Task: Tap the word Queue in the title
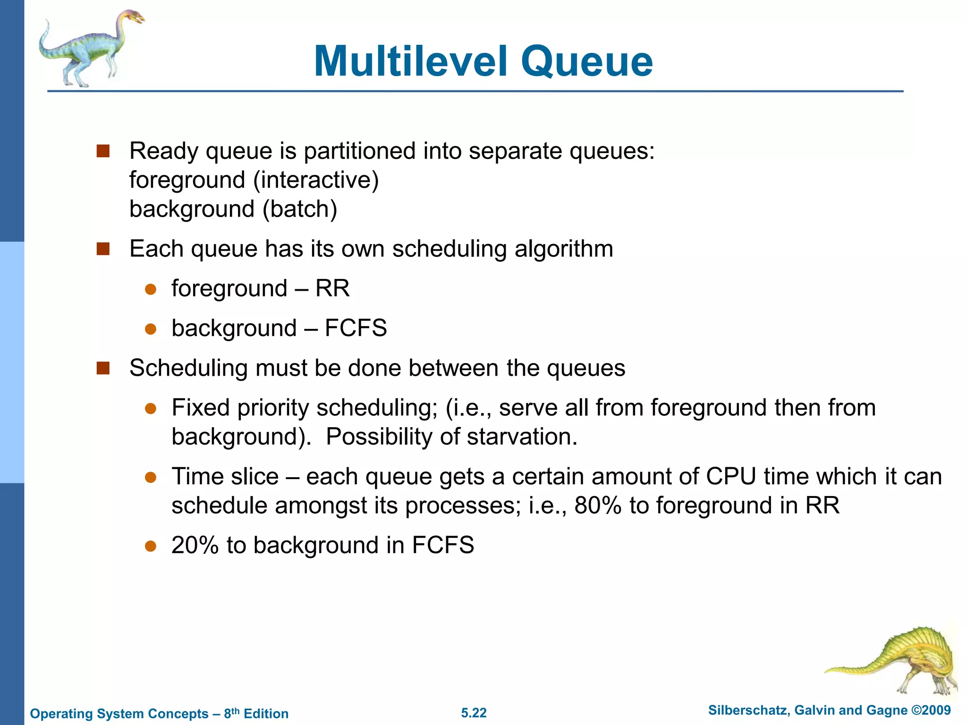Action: coord(587,62)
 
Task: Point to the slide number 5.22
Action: coord(474,713)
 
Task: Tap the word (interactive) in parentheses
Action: coord(316,180)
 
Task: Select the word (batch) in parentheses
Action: coord(300,209)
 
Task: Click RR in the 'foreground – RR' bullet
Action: coord(332,288)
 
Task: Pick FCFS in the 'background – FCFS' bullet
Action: coord(356,328)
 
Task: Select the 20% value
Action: coord(195,545)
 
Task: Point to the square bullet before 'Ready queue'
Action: coord(103,152)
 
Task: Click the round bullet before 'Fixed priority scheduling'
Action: coord(151,408)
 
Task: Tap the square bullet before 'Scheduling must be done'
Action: coord(103,368)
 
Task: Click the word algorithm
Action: coord(564,249)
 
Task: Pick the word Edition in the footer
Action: coord(266,714)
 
